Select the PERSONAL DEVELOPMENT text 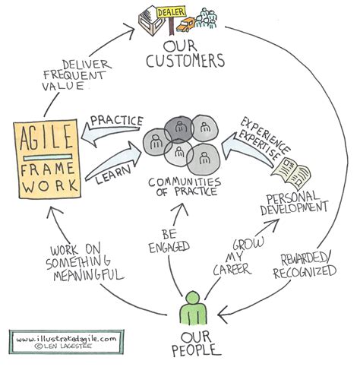tap(295, 202)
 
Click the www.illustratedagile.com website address tap(66, 337)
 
